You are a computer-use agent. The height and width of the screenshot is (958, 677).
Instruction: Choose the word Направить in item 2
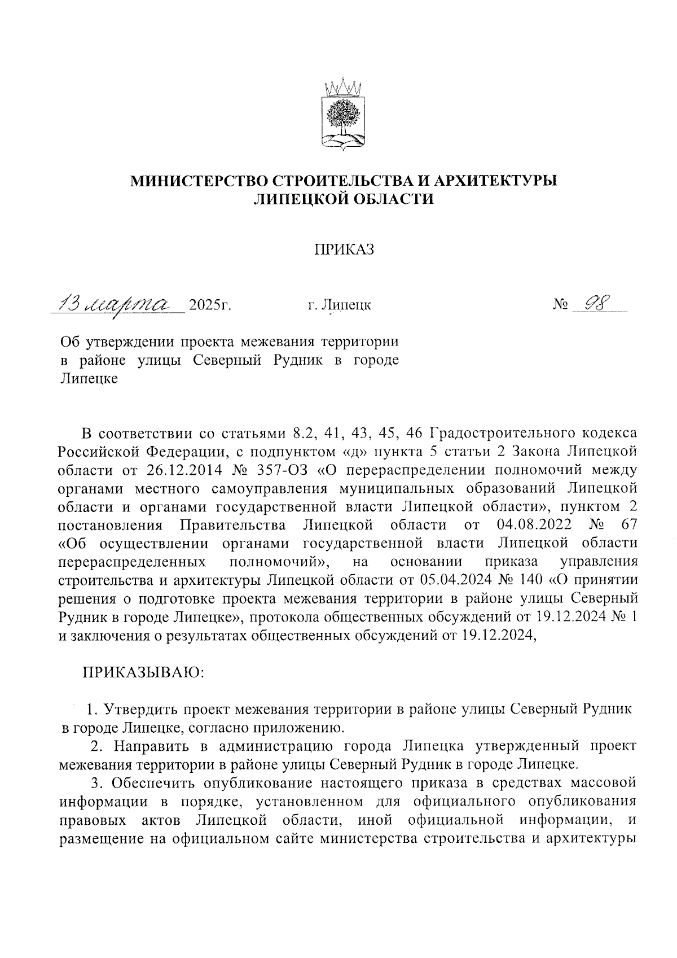(x=151, y=746)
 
